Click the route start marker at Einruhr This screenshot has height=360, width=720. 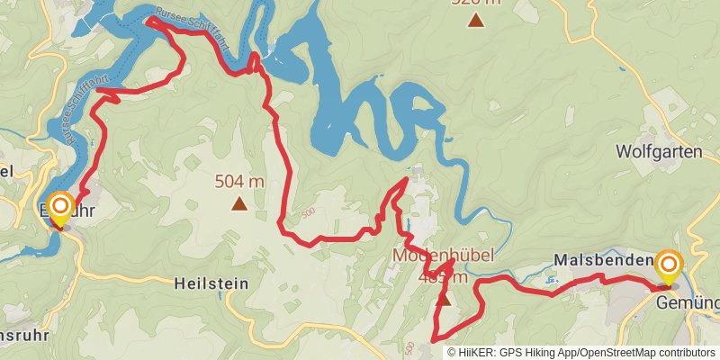[60, 209]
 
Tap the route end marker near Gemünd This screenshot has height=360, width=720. [668, 265]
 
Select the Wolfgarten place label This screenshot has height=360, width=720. [658, 151]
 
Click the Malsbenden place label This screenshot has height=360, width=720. [603, 260]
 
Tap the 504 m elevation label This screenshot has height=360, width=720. [239, 182]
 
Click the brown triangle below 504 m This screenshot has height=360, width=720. [238, 204]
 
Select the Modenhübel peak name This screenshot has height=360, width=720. [443, 256]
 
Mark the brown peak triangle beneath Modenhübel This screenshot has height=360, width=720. [443, 299]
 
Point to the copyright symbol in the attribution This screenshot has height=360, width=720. [452, 352]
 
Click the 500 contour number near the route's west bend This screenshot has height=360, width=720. [308, 211]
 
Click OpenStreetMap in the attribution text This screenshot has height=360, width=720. [611, 352]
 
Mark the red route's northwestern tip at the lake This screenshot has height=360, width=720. [148, 20]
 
